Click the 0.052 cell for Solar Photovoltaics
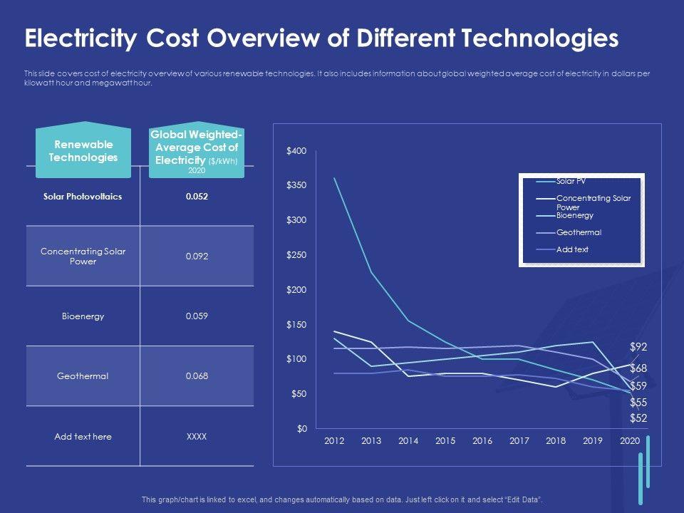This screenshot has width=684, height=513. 197,197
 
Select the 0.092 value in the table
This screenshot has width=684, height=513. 197,256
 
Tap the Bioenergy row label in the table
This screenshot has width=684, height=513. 83,316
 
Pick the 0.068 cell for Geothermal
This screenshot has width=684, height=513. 197,376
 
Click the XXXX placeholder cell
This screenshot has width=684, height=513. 197,436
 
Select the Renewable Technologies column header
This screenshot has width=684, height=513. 83,152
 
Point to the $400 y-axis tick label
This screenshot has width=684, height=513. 296,151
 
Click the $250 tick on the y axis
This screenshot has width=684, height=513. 296,255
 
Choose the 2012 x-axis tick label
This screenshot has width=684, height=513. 334,441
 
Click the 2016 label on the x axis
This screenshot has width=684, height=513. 482,441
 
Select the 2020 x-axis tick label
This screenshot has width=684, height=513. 630,441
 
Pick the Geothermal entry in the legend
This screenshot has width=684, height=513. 579,232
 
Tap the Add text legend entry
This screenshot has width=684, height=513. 572,249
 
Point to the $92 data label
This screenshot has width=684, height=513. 638,347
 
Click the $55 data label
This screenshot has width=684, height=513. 638,403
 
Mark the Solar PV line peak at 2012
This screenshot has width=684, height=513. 334,178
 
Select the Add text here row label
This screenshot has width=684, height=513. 83,436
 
